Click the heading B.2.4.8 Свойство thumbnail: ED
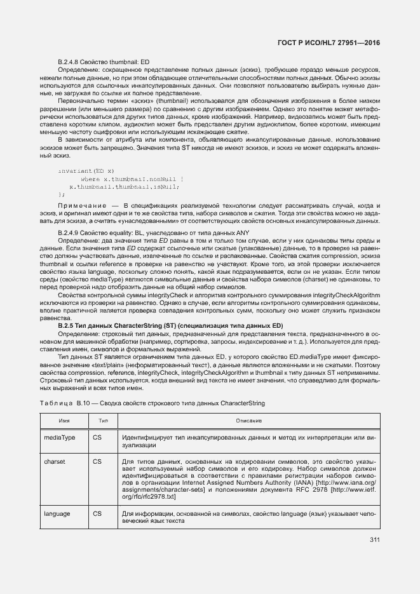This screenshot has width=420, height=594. click(x=103, y=61)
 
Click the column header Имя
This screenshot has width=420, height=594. click(x=64, y=421)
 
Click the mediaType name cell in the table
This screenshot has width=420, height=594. click(x=60, y=438)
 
